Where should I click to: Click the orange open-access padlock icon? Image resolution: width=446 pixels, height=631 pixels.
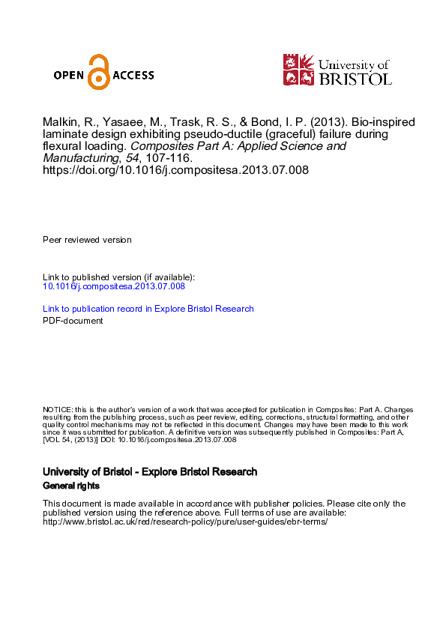click(x=98, y=72)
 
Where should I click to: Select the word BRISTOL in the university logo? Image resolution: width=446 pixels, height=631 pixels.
click(x=355, y=77)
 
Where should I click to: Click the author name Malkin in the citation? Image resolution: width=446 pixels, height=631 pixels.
click(x=60, y=123)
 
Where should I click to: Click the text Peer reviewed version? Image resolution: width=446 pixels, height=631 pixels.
click(x=87, y=240)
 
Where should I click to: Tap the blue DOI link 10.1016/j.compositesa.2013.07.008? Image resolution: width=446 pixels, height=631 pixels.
click(x=113, y=286)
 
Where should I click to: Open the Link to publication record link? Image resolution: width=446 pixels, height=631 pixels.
click(x=148, y=309)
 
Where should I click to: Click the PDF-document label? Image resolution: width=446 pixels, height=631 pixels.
click(x=73, y=321)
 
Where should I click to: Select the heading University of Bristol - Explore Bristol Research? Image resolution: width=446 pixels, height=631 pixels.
click(x=150, y=472)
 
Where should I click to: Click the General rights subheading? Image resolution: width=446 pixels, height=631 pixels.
click(x=70, y=486)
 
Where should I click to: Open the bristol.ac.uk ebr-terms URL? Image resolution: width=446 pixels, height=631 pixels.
click(x=185, y=522)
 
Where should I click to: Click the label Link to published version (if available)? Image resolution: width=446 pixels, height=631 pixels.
click(x=118, y=277)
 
